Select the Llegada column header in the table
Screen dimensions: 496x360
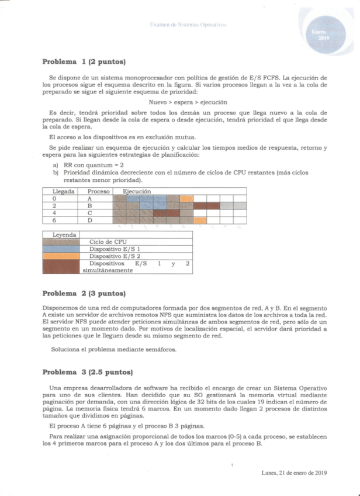[x=63, y=191]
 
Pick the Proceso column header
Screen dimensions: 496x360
[x=99, y=191]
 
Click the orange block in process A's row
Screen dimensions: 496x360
[x=186, y=198]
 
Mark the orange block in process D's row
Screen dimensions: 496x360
[x=200, y=220]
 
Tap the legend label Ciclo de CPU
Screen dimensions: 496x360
[x=109, y=241]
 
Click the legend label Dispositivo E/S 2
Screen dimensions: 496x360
[x=113, y=256]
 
